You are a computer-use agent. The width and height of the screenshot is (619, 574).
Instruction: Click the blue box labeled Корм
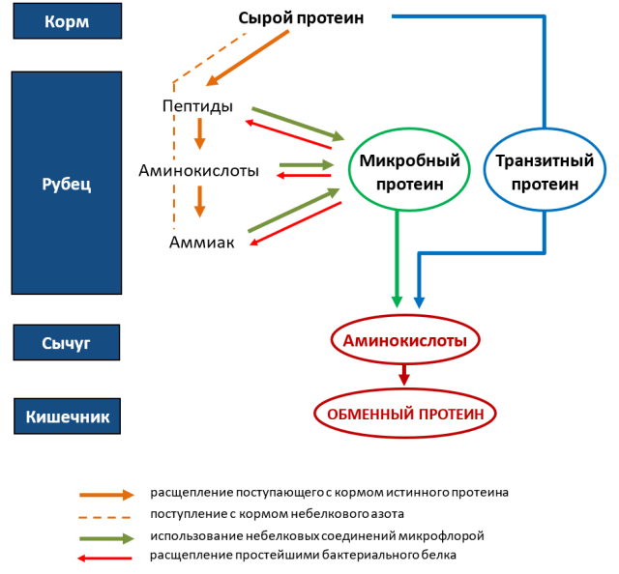click(67, 21)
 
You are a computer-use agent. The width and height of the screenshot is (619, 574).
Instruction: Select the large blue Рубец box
click(67, 183)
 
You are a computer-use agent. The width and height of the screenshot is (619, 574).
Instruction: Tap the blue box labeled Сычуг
click(67, 342)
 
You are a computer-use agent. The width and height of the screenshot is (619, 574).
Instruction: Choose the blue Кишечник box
click(67, 416)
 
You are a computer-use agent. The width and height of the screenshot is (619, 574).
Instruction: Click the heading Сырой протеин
click(301, 18)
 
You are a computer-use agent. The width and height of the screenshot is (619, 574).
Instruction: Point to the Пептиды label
click(197, 105)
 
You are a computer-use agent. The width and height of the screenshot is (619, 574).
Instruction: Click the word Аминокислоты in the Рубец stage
click(198, 170)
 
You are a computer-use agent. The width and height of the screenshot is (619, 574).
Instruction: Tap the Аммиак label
click(202, 242)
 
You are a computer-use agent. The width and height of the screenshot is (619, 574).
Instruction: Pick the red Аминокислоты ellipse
click(405, 340)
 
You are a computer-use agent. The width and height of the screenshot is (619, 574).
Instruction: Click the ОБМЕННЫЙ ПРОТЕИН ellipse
click(405, 414)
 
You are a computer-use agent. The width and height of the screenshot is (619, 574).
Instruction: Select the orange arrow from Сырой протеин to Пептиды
click(249, 58)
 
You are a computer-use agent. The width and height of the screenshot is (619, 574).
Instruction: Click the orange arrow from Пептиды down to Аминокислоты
click(200, 133)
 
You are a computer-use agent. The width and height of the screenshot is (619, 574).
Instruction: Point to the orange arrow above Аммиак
click(200, 202)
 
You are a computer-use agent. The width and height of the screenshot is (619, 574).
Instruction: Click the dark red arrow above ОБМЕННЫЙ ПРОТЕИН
click(404, 374)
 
